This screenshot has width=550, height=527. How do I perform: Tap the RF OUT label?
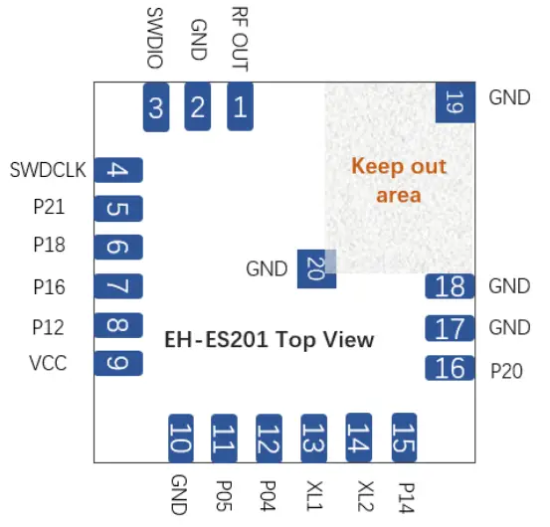pyautogui.click(x=240, y=39)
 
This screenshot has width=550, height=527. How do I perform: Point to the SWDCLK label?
pyautogui.click(x=48, y=170)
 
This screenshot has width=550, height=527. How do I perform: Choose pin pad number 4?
pyautogui.click(x=118, y=170)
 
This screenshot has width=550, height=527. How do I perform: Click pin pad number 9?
pyautogui.click(x=118, y=363)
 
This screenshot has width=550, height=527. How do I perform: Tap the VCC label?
pyautogui.click(x=49, y=363)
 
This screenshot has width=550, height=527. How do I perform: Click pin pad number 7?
pyautogui.click(x=118, y=287)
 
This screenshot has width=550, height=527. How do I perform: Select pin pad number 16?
pyautogui.click(x=451, y=368)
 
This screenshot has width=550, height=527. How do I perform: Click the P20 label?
pyautogui.click(x=508, y=369)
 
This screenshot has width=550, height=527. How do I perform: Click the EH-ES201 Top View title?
pyautogui.click(x=269, y=340)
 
